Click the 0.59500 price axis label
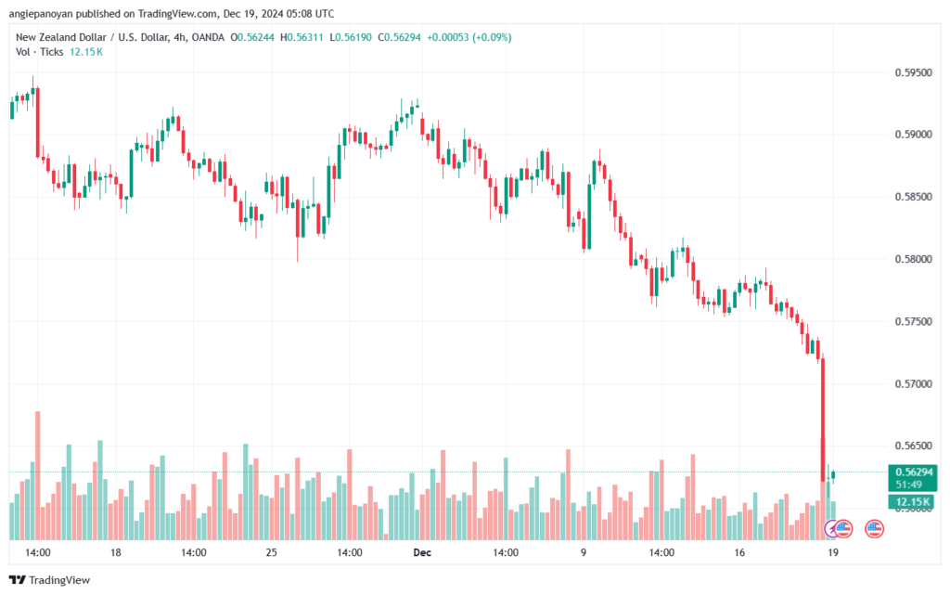coord(913,72)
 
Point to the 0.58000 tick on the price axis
coord(913,259)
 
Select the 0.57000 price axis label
coord(913,383)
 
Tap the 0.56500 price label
coord(913,446)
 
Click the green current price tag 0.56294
coord(913,472)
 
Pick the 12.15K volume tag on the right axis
coord(913,501)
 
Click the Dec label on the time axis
coord(422,552)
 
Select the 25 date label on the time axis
coord(272,552)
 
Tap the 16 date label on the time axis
coord(739,552)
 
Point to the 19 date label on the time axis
coord(833,552)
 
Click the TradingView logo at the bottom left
coord(50,580)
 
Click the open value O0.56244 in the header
coord(252,37)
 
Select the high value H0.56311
coord(302,37)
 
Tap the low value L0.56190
coord(351,37)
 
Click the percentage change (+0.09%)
coord(492,37)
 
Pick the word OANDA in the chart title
coord(208,37)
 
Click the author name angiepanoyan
coord(42,13)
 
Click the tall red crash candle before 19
coord(823,420)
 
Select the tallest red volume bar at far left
coord(37,475)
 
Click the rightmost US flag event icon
coord(874,529)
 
